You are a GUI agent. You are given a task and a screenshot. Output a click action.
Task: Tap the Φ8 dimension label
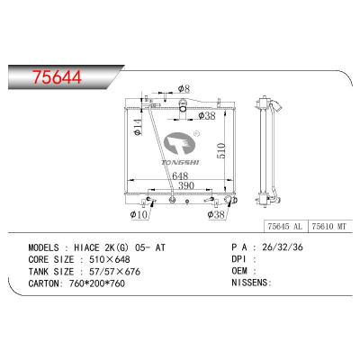coord(182,88)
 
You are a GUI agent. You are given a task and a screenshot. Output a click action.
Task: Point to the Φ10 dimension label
coord(139,215)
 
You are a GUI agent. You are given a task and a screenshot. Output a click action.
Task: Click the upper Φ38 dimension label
coord(205,116)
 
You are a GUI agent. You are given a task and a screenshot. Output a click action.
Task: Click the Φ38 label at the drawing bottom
coord(216,215)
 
